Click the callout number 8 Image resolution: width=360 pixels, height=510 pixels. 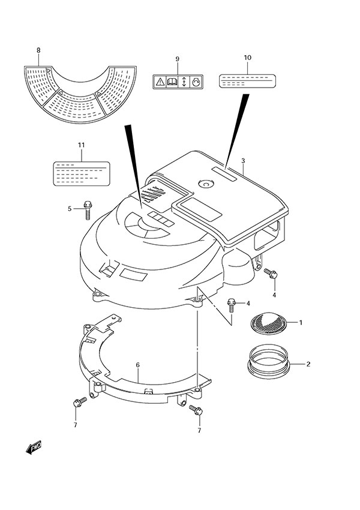pos(38,50)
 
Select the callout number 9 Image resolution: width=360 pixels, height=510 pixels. pos(178,58)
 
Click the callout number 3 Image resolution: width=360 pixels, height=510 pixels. pos(244,160)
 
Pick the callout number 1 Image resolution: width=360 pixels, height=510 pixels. pos(301,323)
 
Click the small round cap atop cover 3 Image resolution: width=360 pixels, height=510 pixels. pos(207,185)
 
